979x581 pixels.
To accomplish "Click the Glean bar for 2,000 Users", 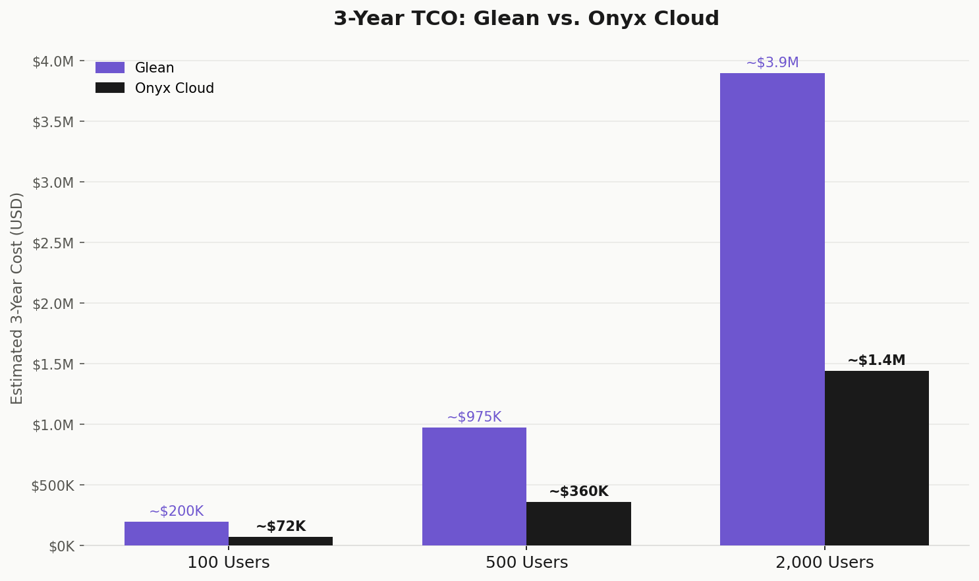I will tap(772, 310).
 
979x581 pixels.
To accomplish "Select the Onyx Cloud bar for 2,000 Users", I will tap(876, 458).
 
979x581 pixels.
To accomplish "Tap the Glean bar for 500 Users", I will tap(474, 486).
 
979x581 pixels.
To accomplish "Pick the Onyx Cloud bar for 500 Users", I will tap(578, 524).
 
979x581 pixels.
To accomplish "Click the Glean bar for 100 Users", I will tap(177, 534).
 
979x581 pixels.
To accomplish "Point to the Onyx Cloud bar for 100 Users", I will tap(281, 541).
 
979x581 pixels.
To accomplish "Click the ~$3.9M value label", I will tap(772, 63).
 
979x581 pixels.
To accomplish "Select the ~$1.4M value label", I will tap(876, 360).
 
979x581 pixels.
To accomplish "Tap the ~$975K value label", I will tap(474, 417).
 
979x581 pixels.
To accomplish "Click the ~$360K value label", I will tap(578, 491).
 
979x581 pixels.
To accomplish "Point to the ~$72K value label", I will tap(281, 526).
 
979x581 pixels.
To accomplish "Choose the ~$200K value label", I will tap(177, 511).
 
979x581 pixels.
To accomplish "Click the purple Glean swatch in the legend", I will tap(110, 68).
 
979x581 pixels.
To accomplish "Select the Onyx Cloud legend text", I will tap(175, 88).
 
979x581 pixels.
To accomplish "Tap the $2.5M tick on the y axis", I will tap(53, 243).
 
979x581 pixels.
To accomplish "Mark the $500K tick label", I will tap(53, 485).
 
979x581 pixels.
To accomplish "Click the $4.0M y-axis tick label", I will tap(53, 61).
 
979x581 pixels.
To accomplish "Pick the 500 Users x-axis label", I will tap(526, 563).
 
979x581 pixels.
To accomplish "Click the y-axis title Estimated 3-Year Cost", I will tap(17, 298).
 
